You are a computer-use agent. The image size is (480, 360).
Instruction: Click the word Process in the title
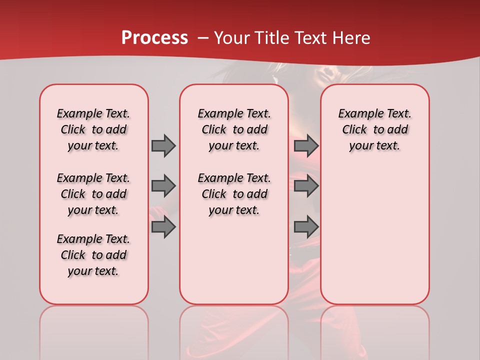coord(154,38)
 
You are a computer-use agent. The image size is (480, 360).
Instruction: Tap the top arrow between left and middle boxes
coord(163,145)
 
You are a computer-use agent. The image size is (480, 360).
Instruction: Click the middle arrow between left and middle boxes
coord(163,186)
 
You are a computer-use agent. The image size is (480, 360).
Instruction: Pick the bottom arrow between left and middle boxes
coord(163,227)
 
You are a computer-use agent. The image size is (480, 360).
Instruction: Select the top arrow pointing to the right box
coord(306,145)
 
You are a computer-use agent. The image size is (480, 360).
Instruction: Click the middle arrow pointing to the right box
coord(306,186)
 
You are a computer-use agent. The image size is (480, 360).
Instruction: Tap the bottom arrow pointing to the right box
coord(306,227)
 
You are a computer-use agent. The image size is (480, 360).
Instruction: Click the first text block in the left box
coord(93,129)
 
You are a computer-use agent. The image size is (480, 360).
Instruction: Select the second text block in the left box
coord(93,194)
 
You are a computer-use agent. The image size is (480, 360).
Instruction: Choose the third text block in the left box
coord(93,255)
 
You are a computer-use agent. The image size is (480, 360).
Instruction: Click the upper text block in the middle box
coord(234,129)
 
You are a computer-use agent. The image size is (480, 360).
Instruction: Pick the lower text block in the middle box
coord(234,194)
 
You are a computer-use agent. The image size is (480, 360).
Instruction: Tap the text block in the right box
coord(374,129)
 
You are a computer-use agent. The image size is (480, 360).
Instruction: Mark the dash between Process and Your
coord(203,38)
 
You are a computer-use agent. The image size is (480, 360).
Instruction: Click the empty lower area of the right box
coord(374,240)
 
